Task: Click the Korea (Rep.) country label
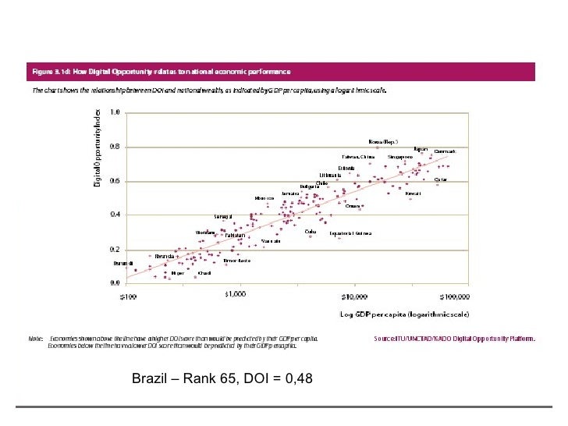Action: pyautogui.click(x=383, y=142)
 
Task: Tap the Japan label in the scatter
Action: pyautogui.click(x=421, y=149)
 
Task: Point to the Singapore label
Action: pyautogui.click(x=400, y=157)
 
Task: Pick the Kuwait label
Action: pyautogui.click(x=414, y=193)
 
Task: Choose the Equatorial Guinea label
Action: pyautogui.click(x=350, y=233)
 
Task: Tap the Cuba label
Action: pyautogui.click(x=311, y=231)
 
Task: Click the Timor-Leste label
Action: pyautogui.click(x=236, y=261)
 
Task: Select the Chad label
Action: pyautogui.click(x=205, y=273)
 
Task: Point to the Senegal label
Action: pyautogui.click(x=224, y=216)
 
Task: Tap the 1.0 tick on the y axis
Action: pyautogui.click(x=114, y=112)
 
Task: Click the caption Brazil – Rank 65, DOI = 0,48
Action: pyautogui.click(x=222, y=379)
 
